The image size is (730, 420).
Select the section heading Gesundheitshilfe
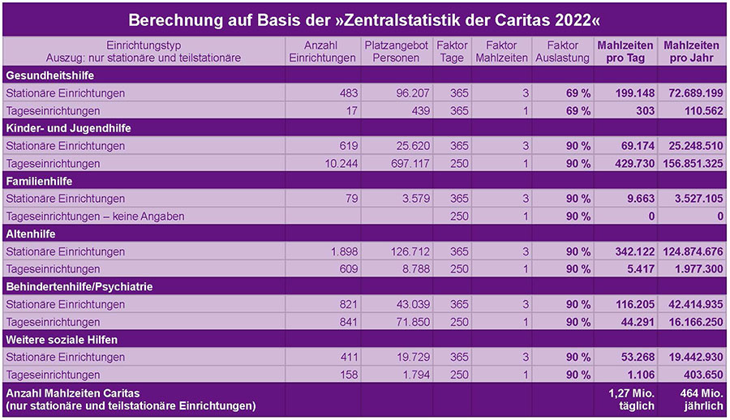click(x=45, y=75)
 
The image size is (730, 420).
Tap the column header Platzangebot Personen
click(x=396, y=51)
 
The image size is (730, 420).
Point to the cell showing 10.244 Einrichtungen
click(x=335, y=164)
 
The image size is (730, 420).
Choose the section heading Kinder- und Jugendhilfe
click(x=68, y=128)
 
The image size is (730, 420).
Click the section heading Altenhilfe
click(x=32, y=234)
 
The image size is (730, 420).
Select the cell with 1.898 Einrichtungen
click(x=339, y=251)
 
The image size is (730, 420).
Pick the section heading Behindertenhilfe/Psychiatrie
click(x=79, y=286)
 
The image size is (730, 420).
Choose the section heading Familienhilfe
click(x=41, y=181)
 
